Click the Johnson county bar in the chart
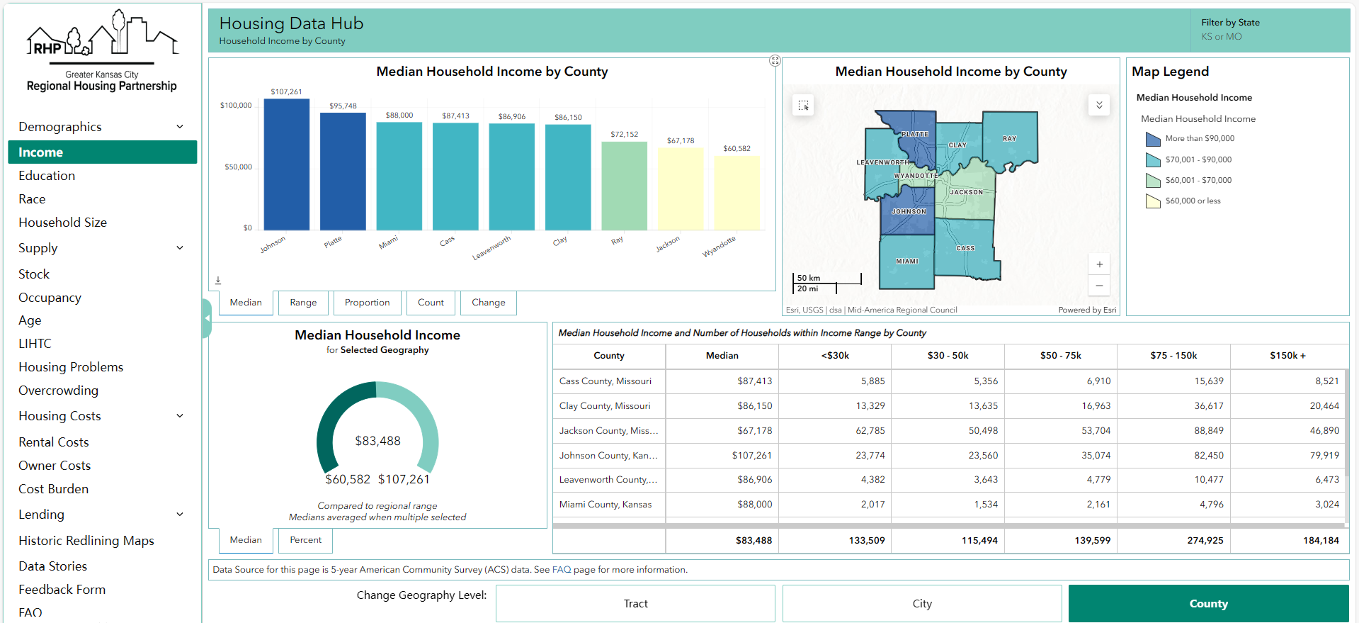click(x=286, y=164)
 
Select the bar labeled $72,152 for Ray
click(x=624, y=186)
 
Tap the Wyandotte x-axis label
click(x=719, y=247)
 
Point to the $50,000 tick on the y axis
click(x=238, y=167)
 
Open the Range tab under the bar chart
click(x=303, y=303)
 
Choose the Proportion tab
click(x=367, y=303)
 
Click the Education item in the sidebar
click(x=47, y=176)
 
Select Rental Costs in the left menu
click(x=54, y=442)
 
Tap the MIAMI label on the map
click(x=907, y=262)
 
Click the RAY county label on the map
click(x=1009, y=139)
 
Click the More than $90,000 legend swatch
click(x=1153, y=139)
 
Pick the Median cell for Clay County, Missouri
click(x=754, y=406)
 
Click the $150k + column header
click(x=1287, y=356)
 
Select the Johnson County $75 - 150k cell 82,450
click(x=1208, y=456)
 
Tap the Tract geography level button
click(x=635, y=604)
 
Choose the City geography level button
click(x=921, y=604)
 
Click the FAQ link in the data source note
click(x=561, y=570)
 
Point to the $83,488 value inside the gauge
click(x=377, y=441)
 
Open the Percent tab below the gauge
click(x=305, y=540)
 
